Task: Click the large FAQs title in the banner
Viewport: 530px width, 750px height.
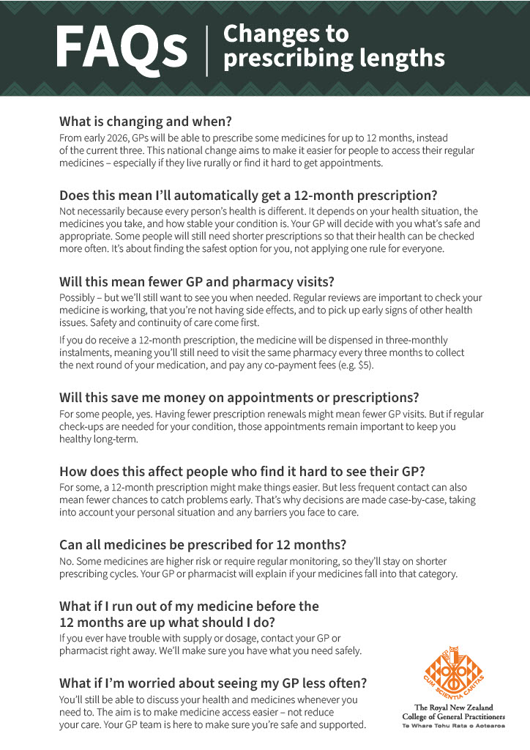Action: [x=122, y=48]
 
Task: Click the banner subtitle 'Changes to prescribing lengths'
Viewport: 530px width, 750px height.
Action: [x=334, y=46]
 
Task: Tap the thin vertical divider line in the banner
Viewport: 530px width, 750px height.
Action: [x=207, y=49]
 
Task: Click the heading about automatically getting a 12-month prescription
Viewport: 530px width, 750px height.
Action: [x=248, y=196]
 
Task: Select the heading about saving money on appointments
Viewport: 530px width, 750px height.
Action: [x=239, y=398]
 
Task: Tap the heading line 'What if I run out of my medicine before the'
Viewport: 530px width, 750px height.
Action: [x=189, y=606]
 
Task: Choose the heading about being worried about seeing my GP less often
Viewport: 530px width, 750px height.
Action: [x=213, y=683]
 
